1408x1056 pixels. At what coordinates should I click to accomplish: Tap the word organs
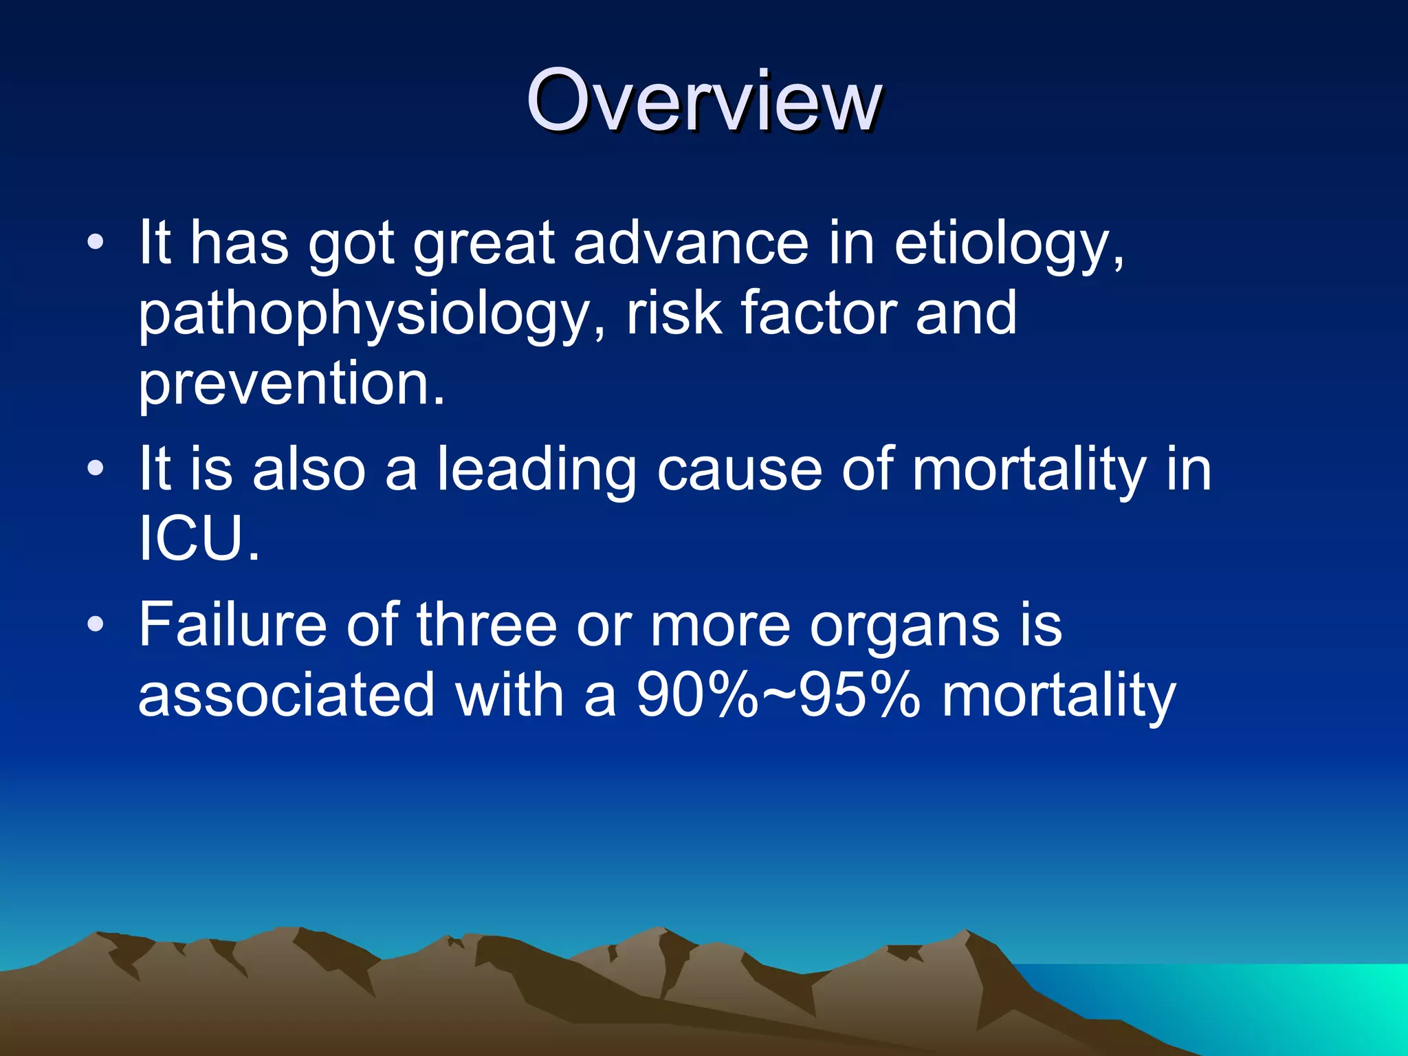click(x=904, y=626)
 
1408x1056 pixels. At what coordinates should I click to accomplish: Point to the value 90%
click(x=696, y=695)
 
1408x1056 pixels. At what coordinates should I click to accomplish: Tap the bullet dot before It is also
click(x=96, y=469)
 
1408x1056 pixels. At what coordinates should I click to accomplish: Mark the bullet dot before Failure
click(x=96, y=624)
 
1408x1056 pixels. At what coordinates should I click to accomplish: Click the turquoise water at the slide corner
click(x=1306, y=1004)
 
